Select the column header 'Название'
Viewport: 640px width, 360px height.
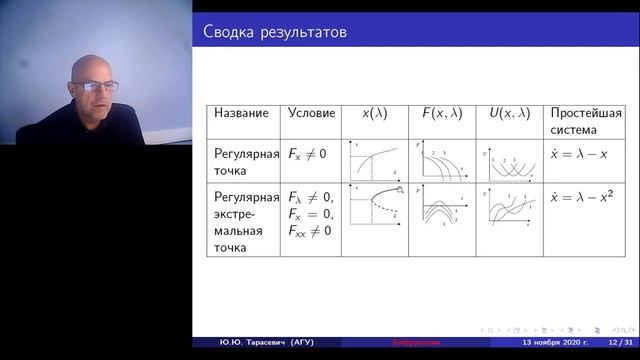point(241,113)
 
